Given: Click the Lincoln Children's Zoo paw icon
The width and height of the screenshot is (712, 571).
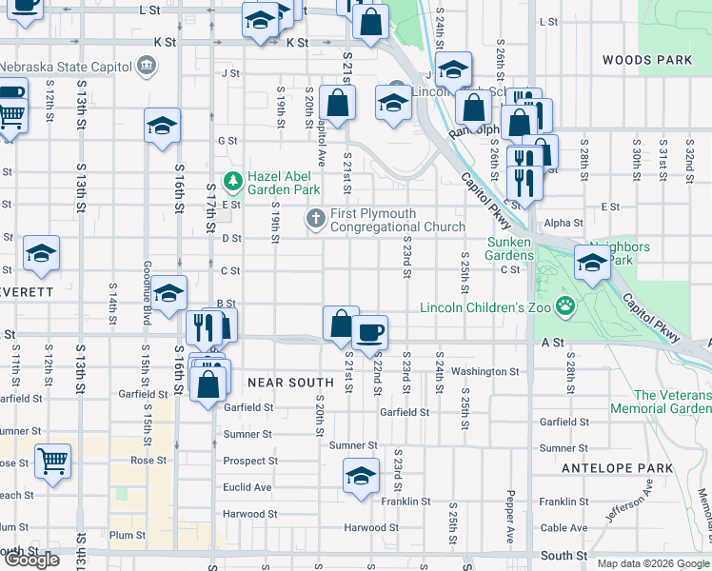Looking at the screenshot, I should pos(566,306).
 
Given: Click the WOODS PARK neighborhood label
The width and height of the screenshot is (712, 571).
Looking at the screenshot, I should pos(647,60).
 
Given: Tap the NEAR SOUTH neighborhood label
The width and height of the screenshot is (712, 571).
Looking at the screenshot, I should pos(290,383).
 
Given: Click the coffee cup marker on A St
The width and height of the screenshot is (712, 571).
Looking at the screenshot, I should pos(369,333).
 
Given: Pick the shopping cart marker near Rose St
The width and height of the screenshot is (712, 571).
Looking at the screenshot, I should pos(52,461).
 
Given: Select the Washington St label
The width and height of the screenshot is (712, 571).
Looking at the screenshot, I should pos(485,371).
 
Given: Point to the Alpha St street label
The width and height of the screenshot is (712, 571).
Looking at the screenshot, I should pos(564,223).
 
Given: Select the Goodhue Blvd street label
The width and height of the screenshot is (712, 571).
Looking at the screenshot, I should pos(147,292).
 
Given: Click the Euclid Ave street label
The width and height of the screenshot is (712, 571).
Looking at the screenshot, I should pos(247,487).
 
